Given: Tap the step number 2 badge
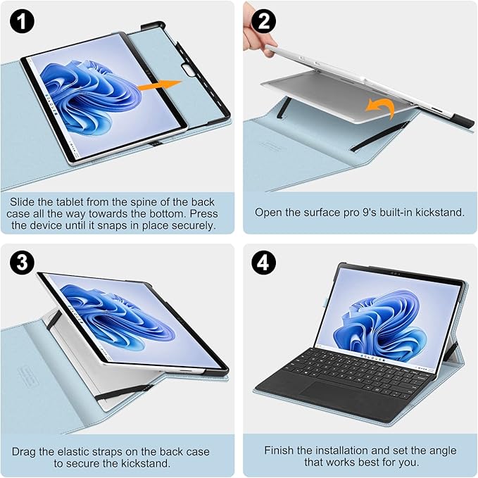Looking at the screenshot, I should (x=264, y=21).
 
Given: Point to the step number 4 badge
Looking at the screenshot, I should (x=264, y=263).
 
